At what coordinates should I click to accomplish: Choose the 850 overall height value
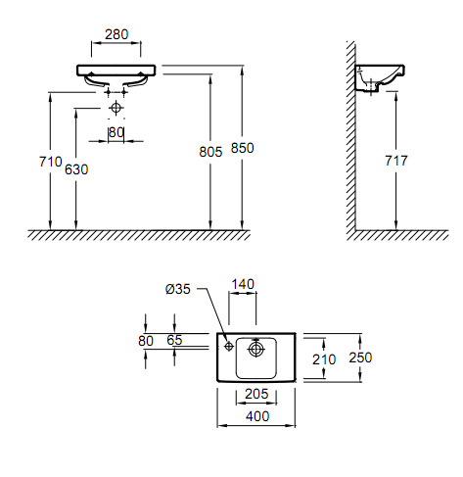(x=243, y=148)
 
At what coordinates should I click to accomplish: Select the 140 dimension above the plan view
(x=243, y=285)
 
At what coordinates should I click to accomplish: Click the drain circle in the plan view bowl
(x=256, y=347)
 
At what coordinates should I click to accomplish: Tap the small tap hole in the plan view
(x=227, y=345)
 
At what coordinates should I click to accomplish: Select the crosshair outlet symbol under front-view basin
(x=116, y=107)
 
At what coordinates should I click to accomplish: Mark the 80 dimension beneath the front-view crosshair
(x=116, y=131)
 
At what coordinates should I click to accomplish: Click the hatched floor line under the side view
(x=401, y=235)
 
